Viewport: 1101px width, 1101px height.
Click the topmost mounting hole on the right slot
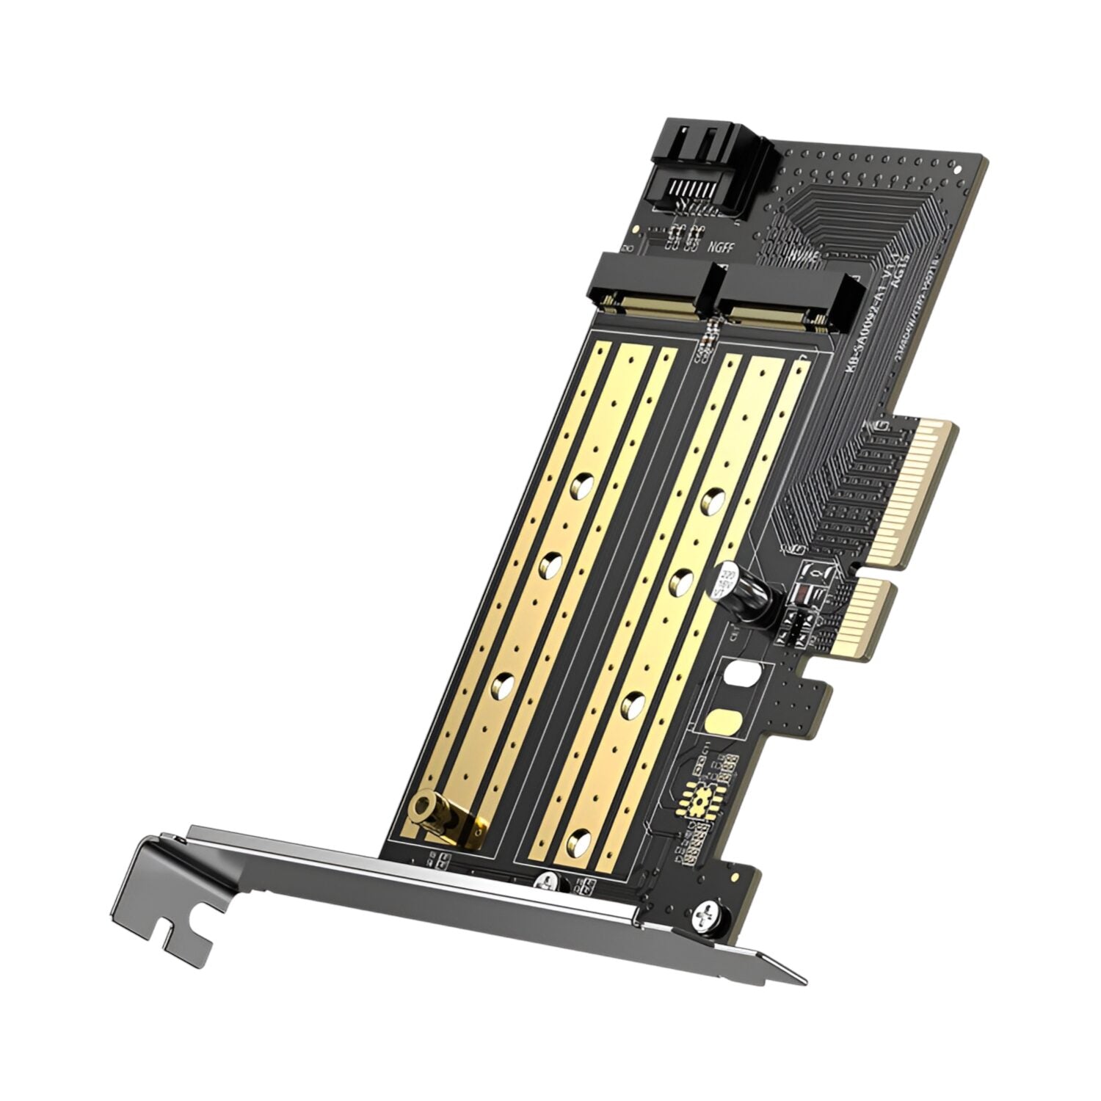[710, 501]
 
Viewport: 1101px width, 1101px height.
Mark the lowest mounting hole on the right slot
[581, 837]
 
